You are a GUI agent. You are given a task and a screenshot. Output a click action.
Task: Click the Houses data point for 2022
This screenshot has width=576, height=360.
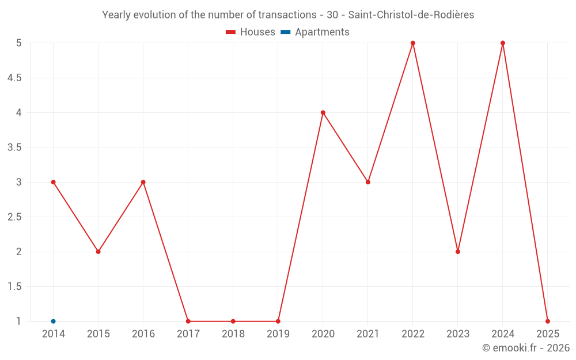413,43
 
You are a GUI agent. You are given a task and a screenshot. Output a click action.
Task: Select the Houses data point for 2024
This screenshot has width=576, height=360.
503,43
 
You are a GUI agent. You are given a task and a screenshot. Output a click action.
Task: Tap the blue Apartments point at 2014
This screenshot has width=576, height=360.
54,321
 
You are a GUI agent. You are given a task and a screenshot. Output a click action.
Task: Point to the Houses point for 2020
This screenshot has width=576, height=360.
323,112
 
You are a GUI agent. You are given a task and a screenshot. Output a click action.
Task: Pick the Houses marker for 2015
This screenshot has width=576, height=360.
98,252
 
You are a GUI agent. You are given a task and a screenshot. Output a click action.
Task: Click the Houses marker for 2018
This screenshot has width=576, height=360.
233,321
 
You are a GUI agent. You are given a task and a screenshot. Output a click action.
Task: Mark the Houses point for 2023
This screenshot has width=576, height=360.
458,252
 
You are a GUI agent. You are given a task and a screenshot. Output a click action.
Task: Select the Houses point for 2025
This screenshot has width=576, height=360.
548,321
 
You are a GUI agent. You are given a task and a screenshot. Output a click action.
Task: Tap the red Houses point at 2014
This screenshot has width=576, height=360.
54,182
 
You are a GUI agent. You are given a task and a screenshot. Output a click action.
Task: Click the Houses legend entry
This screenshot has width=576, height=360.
251,32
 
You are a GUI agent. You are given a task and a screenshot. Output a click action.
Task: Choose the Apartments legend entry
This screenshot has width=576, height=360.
315,32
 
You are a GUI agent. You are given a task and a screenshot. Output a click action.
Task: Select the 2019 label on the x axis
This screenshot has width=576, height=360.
278,334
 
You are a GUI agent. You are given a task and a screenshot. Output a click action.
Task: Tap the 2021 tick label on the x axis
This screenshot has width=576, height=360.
368,334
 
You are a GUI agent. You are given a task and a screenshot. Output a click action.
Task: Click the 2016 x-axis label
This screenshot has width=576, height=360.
143,334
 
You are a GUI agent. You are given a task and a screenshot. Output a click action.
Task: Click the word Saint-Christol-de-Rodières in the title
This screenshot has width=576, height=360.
411,15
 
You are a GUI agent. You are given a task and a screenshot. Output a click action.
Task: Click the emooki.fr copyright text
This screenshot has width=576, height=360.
526,348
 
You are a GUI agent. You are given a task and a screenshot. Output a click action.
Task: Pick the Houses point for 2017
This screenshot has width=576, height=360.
188,321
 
